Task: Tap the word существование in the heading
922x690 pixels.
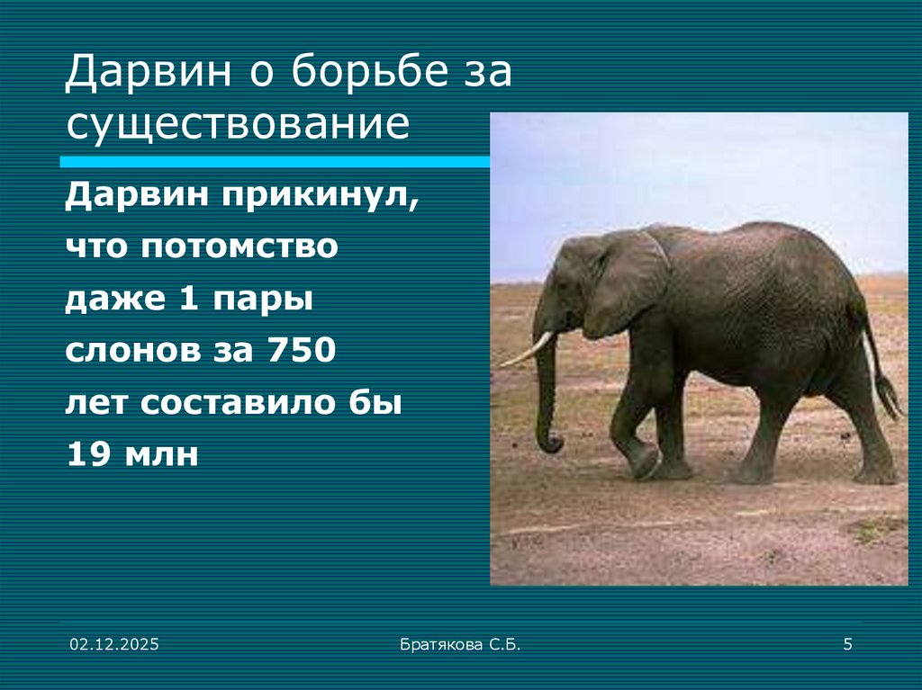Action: (x=238, y=125)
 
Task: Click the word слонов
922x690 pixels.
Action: (x=118, y=350)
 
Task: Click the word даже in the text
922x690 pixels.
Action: (x=104, y=300)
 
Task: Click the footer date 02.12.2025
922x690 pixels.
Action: (x=114, y=643)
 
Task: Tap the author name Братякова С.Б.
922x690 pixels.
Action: (x=460, y=643)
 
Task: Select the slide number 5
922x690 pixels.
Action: (x=847, y=643)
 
